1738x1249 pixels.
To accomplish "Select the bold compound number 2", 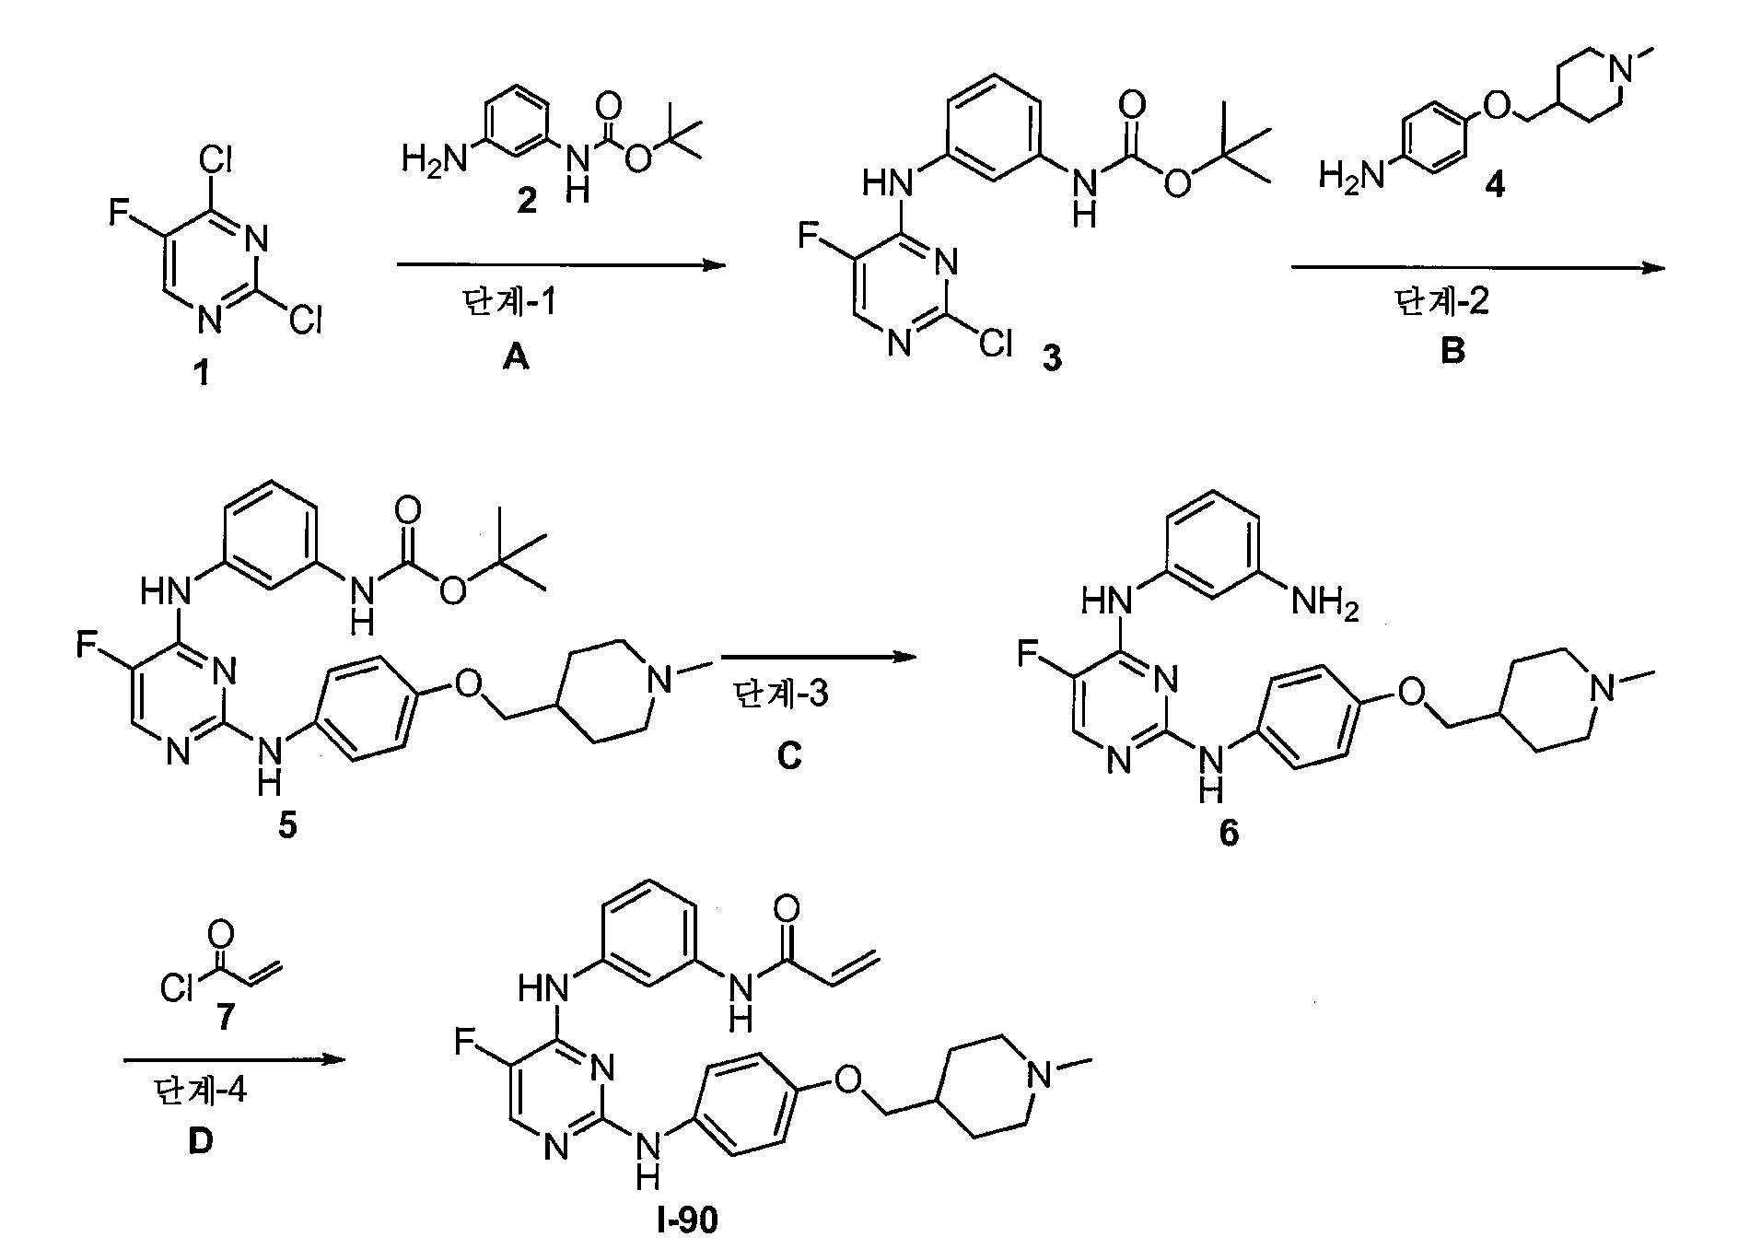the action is [x=526, y=200].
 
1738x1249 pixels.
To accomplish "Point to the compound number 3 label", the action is [x=1052, y=359].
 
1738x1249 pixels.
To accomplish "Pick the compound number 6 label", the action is [x=1230, y=832].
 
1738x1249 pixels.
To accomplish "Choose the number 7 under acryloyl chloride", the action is [x=224, y=1018].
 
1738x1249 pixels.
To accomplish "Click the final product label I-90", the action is [x=682, y=1221].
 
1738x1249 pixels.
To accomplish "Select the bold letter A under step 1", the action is [x=516, y=357].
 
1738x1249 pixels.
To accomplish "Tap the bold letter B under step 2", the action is [x=1452, y=351].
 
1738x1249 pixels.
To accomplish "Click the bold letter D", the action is [x=200, y=1142].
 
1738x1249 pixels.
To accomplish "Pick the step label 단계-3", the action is [x=781, y=693].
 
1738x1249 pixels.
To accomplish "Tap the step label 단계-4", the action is [x=200, y=1092].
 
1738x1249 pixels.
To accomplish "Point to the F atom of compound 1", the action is [x=119, y=214].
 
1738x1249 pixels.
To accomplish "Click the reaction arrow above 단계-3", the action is [x=820, y=658].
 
